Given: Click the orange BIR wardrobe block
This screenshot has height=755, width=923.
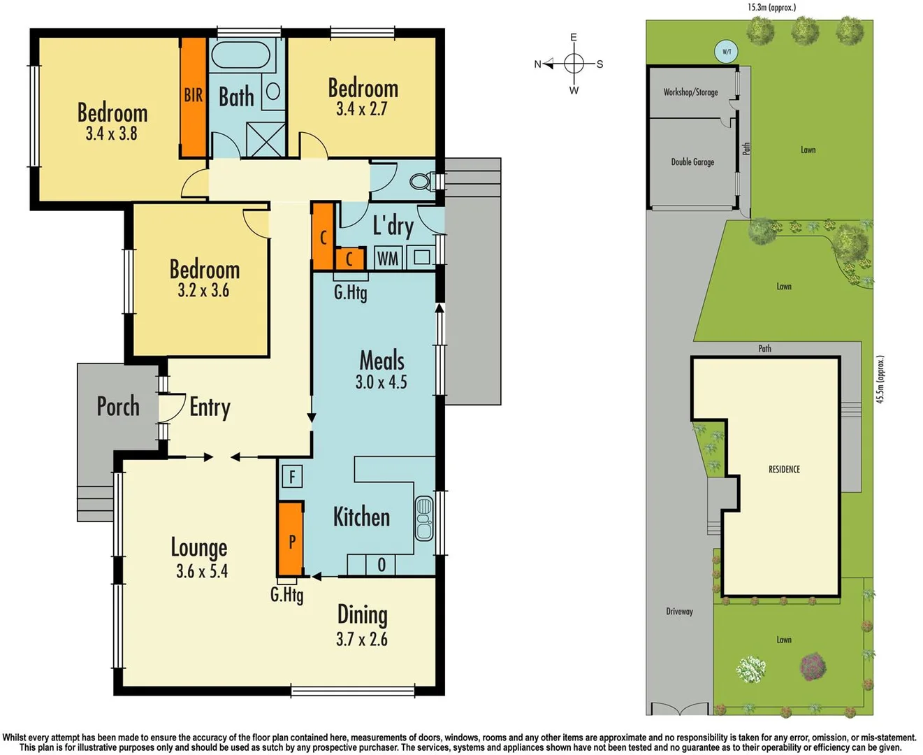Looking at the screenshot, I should (x=194, y=96).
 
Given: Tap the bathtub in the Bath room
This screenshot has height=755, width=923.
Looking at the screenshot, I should (x=240, y=56).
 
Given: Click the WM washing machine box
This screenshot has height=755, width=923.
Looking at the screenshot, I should (x=388, y=259).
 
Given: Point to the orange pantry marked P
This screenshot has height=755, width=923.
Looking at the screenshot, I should (x=291, y=539).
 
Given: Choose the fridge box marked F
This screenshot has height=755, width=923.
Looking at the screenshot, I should (x=292, y=477).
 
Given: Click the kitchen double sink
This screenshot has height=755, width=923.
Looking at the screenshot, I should (x=424, y=518).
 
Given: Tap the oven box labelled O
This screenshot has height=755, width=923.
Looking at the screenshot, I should (x=381, y=565).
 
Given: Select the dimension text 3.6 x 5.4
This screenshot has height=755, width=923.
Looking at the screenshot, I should (x=202, y=571).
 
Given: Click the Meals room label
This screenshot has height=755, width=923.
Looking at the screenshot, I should (x=381, y=361).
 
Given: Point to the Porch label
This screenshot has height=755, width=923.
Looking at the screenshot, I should (x=118, y=406).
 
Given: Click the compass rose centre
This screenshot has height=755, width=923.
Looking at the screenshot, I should (x=574, y=64).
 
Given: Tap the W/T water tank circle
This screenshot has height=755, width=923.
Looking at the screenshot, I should (x=727, y=52).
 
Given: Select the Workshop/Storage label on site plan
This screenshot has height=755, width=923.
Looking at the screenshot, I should (x=690, y=92).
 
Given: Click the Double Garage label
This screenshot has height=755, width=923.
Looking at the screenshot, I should (x=692, y=162).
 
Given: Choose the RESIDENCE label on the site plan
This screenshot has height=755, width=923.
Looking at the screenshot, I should (x=784, y=469).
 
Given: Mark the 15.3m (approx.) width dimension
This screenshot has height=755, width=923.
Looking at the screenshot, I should (x=771, y=8).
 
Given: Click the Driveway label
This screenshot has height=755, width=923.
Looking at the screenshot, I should (x=679, y=612).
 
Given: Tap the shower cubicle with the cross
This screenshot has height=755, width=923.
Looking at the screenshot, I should (x=266, y=140).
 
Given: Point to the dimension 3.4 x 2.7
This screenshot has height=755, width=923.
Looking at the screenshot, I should (x=361, y=109).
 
